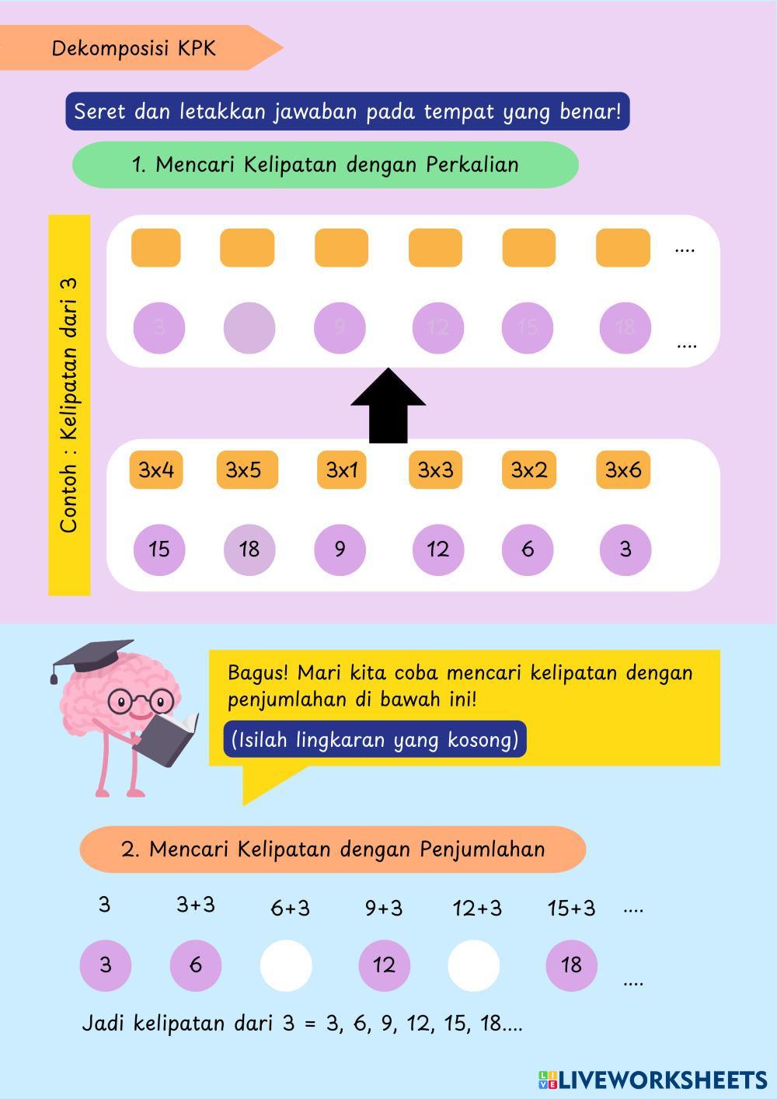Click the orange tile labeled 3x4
(x=156, y=469)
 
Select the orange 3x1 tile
(x=341, y=469)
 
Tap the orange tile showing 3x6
(x=623, y=469)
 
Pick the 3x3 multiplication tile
(x=435, y=469)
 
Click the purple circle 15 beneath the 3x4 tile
(x=159, y=549)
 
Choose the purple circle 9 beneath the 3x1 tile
(x=340, y=549)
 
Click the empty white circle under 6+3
(x=286, y=965)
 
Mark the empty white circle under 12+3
(x=474, y=965)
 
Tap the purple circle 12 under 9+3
(x=384, y=965)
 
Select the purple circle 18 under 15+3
(x=571, y=965)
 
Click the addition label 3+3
(x=195, y=905)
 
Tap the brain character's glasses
(x=140, y=700)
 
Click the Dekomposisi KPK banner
(x=134, y=48)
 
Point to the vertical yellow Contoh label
(x=69, y=405)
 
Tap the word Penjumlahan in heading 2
(x=483, y=849)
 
